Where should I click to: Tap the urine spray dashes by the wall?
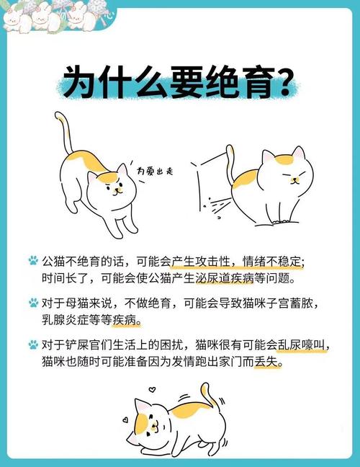click(215, 205)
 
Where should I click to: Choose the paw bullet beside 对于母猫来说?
click(33, 303)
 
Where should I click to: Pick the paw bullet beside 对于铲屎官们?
click(33, 346)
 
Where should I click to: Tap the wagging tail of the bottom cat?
click(207, 395)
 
